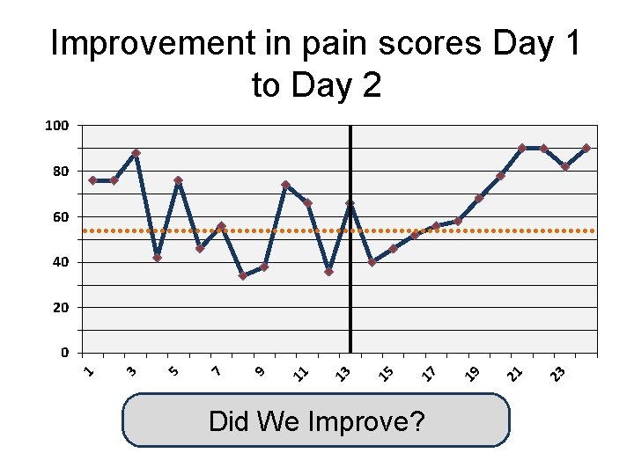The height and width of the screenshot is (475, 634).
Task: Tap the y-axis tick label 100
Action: [x=56, y=126]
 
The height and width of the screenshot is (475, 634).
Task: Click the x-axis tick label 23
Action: [x=557, y=373]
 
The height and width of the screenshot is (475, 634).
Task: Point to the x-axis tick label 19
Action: [x=472, y=373]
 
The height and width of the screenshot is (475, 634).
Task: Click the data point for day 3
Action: [x=136, y=153]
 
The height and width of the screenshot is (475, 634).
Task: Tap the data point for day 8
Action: [x=242, y=276]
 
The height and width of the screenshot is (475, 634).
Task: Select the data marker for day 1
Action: [x=92, y=180]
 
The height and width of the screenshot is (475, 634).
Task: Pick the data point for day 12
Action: [x=328, y=272]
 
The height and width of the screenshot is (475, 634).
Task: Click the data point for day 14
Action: [x=372, y=262]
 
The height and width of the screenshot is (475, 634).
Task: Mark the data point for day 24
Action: [x=586, y=149]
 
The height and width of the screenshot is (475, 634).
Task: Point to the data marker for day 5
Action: [x=178, y=180]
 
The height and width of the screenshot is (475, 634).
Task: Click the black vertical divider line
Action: [x=350, y=290]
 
